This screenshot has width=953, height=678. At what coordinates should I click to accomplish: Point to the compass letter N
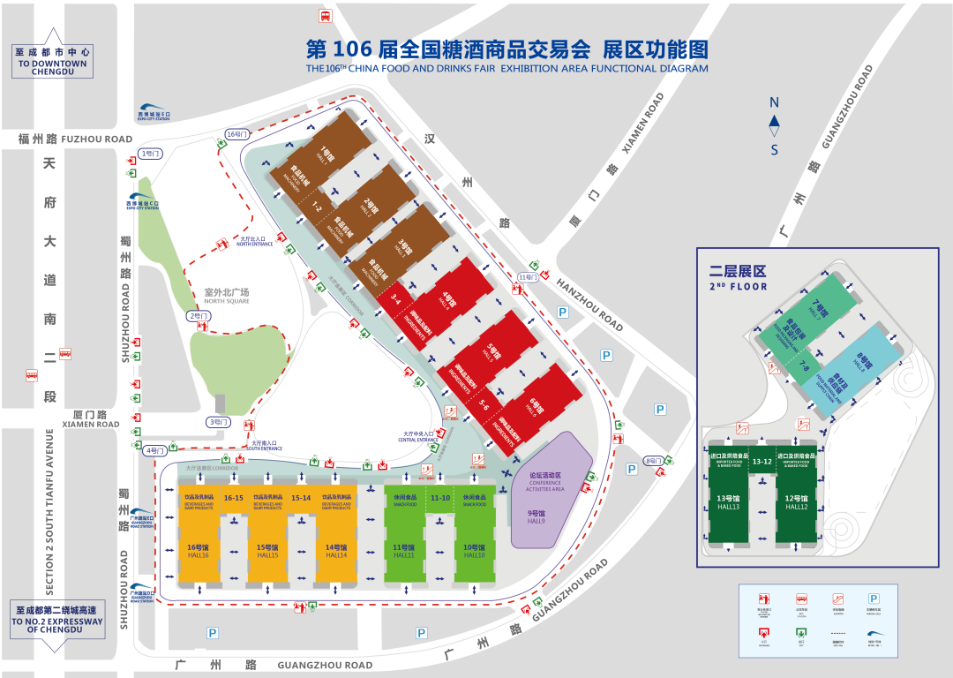[774, 102]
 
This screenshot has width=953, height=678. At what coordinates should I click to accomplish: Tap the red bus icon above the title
[325, 16]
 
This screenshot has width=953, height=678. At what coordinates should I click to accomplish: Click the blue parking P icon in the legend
[874, 598]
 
